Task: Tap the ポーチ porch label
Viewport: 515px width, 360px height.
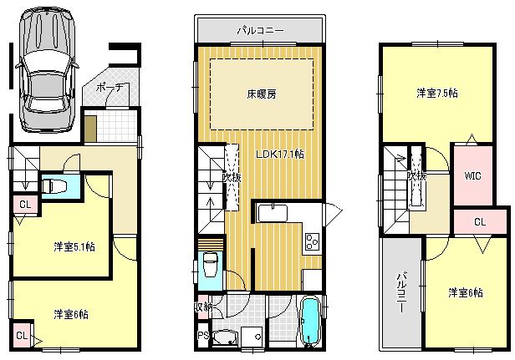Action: point(110,88)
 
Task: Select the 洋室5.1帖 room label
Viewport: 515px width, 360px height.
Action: point(74,246)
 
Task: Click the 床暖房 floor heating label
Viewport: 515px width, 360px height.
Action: point(260,94)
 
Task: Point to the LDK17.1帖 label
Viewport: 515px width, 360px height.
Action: point(279,155)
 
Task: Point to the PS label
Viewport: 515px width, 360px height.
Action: point(202,337)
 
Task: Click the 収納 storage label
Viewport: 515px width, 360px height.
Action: point(203,307)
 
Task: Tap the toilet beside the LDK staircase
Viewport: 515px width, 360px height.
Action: point(210,267)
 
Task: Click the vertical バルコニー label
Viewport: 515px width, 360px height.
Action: point(401,292)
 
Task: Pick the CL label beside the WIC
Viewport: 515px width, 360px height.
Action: point(480,222)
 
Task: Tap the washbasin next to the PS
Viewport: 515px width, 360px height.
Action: point(227,338)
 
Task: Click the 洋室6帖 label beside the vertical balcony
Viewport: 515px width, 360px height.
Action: point(465,292)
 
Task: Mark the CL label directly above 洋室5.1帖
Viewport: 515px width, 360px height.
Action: point(25,204)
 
